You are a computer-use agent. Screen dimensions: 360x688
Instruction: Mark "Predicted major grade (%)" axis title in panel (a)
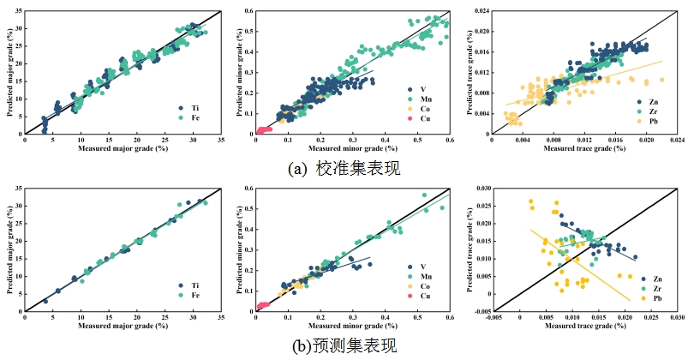pos(8,73)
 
